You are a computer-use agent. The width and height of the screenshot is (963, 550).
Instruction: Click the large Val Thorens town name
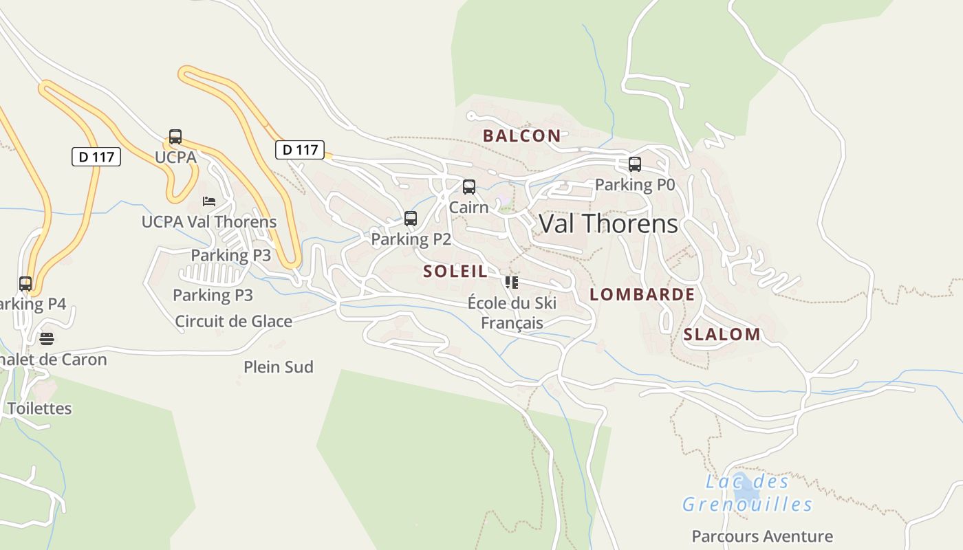click(608, 223)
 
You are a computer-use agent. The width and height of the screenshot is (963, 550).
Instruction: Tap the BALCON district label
click(521, 135)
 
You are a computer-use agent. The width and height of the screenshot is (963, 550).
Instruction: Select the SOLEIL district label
click(455, 271)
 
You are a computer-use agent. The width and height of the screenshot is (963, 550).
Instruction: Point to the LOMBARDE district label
click(642, 294)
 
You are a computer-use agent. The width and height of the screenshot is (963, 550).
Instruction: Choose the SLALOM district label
click(722, 334)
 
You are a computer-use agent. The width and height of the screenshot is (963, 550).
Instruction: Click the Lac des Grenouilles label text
click(747, 493)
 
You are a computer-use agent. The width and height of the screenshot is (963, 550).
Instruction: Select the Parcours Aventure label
click(762, 536)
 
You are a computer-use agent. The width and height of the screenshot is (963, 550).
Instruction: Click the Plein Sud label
click(279, 367)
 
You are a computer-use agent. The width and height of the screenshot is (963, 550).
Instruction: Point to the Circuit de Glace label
click(233, 321)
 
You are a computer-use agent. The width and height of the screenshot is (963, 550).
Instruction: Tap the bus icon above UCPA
click(175, 136)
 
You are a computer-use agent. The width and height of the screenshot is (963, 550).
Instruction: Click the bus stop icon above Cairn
click(469, 186)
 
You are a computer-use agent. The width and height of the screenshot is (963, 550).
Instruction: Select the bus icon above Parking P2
click(411, 219)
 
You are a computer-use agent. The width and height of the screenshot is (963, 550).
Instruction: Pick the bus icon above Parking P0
click(635, 164)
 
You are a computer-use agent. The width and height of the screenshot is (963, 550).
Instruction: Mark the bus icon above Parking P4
click(25, 283)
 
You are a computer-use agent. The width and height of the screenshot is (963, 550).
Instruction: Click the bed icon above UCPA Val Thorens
click(209, 201)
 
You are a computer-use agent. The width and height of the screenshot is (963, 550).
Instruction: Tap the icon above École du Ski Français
click(511, 282)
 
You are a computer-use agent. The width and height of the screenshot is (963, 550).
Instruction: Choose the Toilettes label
click(39, 408)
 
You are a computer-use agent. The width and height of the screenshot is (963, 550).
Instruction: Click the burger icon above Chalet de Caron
click(46, 338)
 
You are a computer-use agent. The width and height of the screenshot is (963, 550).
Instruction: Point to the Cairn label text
click(468, 207)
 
